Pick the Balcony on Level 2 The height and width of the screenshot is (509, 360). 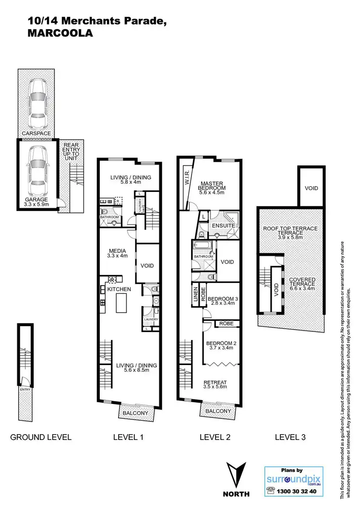tap(218, 411)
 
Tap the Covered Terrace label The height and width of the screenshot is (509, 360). tap(302, 283)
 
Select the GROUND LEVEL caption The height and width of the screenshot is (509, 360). tap(41, 437)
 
